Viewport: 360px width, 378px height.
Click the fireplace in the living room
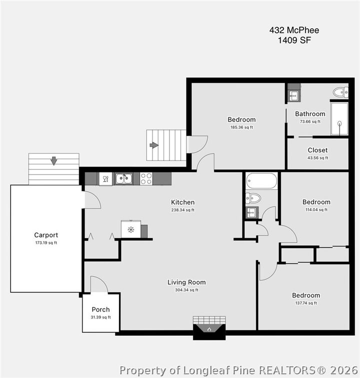pyautogui.click(x=209, y=327)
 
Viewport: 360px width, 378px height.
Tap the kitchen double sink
pyautogui.click(x=123, y=178)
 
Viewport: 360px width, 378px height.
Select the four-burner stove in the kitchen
pyautogui.click(x=146, y=178)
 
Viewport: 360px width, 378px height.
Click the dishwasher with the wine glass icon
pyautogui.click(x=105, y=178)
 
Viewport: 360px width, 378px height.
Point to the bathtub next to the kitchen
pyautogui.click(x=261, y=181)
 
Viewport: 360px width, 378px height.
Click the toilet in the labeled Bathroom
pyautogui.click(x=341, y=91)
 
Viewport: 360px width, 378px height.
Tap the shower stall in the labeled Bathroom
pyautogui.click(x=339, y=119)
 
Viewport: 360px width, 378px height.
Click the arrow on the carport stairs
pyautogui.click(x=54, y=161)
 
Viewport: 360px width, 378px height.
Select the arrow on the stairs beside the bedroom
pyautogui.click(x=154, y=145)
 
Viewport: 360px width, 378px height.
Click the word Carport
pyautogui.click(x=46, y=235)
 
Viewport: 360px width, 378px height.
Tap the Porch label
pyautogui.click(x=100, y=309)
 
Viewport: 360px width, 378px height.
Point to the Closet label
pyautogui.click(x=317, y=150)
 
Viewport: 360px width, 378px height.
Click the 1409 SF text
pyautogui.click(x=294, y=40)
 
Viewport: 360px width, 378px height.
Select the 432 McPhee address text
pyautogui.click(x=294, y=30)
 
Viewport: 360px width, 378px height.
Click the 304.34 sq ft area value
pyautogui.click(x=186, y=290)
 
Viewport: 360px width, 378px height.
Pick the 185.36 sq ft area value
pyautogui.click(x=241, y=127)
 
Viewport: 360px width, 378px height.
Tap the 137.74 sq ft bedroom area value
pyautogui.click(x=306, y=303)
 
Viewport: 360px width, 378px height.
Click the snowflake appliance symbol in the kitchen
pyautogui.click(x=130, y=230)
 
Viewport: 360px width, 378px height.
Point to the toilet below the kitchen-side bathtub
pyautogui.click(x=252, y=198)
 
